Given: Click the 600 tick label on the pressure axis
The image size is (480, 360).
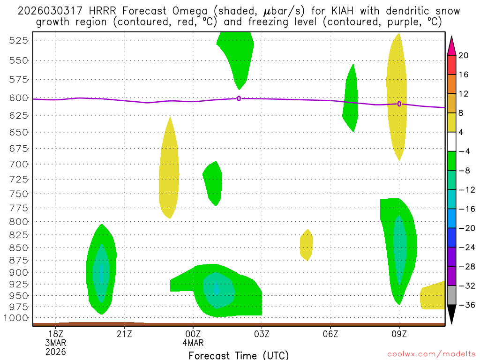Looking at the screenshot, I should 18,98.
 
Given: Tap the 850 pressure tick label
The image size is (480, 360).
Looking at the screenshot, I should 18,247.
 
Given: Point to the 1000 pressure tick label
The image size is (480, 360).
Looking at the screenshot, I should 15,318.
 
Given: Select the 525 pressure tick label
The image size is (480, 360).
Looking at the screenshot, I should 18,40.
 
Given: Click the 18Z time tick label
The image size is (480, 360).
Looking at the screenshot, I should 56,334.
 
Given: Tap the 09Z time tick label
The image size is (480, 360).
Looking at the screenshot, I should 399,334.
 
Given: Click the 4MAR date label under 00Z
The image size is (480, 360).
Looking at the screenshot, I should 194,342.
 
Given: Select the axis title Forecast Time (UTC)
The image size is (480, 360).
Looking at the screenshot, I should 239,355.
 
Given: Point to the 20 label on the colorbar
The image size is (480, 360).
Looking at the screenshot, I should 463,55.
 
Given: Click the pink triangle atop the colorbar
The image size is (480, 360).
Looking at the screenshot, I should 451,45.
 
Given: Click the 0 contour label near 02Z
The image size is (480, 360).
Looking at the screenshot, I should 239,98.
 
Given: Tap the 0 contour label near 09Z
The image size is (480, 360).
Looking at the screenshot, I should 399,104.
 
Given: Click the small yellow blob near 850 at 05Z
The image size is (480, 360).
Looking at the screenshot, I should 306,245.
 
